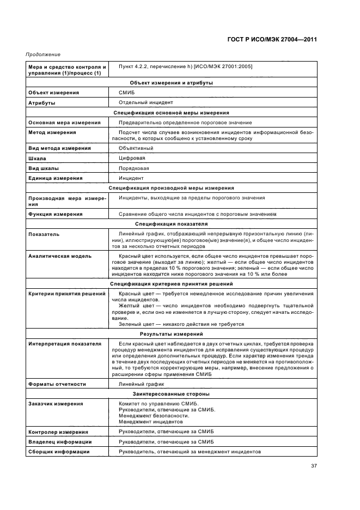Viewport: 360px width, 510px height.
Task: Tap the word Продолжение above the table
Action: (43, 55)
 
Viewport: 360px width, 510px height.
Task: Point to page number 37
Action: (314, 465)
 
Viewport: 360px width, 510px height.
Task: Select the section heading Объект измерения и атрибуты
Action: (171, 83)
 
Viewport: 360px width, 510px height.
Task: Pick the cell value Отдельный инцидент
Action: (145, 102)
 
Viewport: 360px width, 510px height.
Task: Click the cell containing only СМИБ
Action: (126, 93)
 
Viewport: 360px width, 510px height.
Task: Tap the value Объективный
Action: (136, 148)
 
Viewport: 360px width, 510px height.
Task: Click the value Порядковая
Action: (134, 168)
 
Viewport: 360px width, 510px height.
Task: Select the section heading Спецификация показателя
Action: (171, 223)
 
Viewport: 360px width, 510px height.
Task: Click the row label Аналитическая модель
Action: (59, 256)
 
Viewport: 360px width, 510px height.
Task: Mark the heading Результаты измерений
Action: (171, 333)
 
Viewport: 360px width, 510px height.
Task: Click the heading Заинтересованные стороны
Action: (171, 393)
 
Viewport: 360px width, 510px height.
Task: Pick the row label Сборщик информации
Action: (58, 452)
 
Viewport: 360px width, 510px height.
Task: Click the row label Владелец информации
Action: (59, 442)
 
